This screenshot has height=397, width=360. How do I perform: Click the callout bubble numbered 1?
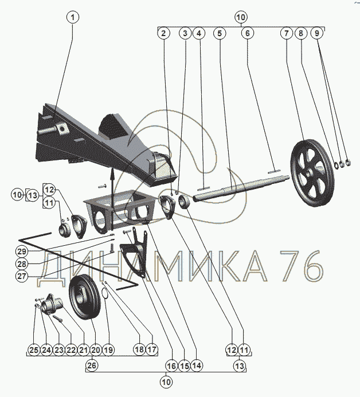coord(73,17)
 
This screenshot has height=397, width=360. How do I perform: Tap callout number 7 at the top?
coord(287,33)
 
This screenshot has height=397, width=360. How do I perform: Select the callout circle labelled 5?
coord(220,33)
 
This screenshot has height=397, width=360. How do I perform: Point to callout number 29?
coord(22,251)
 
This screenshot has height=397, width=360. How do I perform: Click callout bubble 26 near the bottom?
coord(92,365)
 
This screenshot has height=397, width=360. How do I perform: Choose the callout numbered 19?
coord(108,350)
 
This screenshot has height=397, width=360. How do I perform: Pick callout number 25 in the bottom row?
coord(34,350)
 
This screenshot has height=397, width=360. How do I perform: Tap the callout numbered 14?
coord(197,365)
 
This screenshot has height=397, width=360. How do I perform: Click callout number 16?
coord(171,365)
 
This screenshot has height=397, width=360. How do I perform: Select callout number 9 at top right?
coord(316,33)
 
